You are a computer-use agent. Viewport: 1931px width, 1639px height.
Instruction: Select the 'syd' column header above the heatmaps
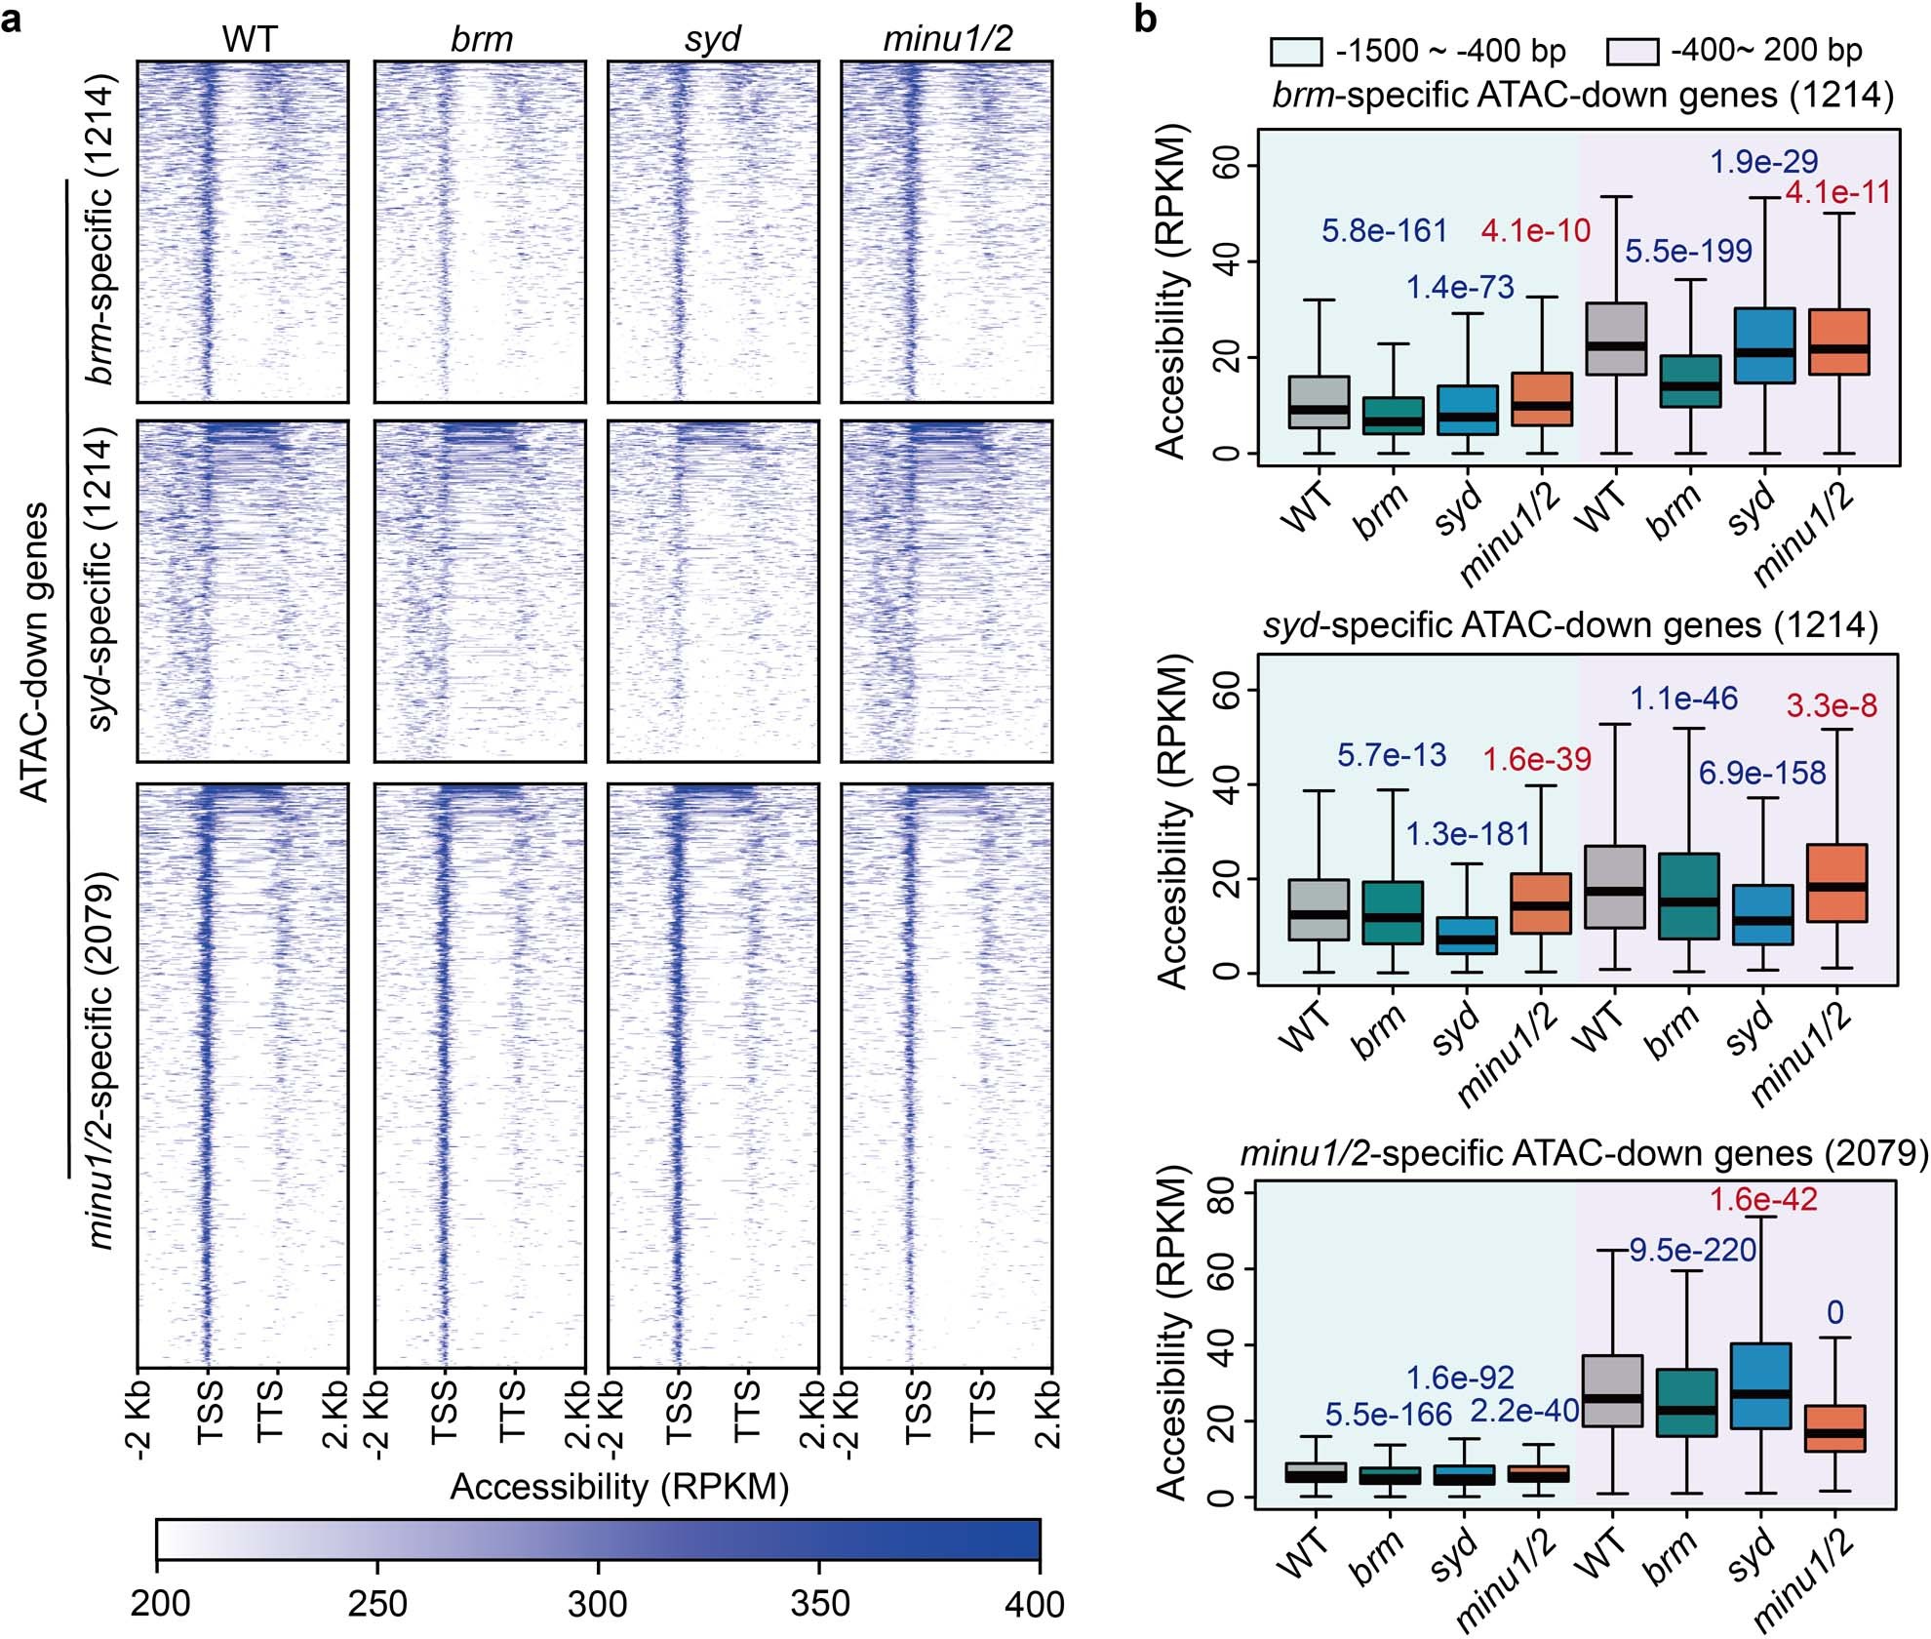tap(713, 38)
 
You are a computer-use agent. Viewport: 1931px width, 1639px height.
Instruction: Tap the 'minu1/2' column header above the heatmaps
tap(947, 38)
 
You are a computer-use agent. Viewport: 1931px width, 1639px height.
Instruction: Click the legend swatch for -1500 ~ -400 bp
tap(1296, 51)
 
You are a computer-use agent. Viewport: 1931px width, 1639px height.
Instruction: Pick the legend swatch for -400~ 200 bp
tap(1633, 51)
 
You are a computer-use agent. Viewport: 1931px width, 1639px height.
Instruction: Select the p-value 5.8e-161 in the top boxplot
tap(1384, 230)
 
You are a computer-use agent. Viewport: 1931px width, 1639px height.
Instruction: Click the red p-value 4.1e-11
tap(1837, 192)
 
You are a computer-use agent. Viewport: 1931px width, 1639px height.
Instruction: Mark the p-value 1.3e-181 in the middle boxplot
tap(1467, 834)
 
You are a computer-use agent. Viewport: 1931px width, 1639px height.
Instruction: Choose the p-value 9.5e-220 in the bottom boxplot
tap(1693, 1250)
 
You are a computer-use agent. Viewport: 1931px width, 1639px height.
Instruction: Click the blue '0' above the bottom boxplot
tap(1835, 1312)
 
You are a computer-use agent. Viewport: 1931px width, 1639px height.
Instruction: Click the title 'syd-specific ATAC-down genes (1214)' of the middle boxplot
tap(1570, 624)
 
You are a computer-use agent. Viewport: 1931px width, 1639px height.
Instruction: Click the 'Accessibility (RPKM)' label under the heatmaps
tap(619, 1487)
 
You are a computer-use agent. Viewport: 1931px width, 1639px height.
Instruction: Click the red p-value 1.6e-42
tap(1763, 1199)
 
